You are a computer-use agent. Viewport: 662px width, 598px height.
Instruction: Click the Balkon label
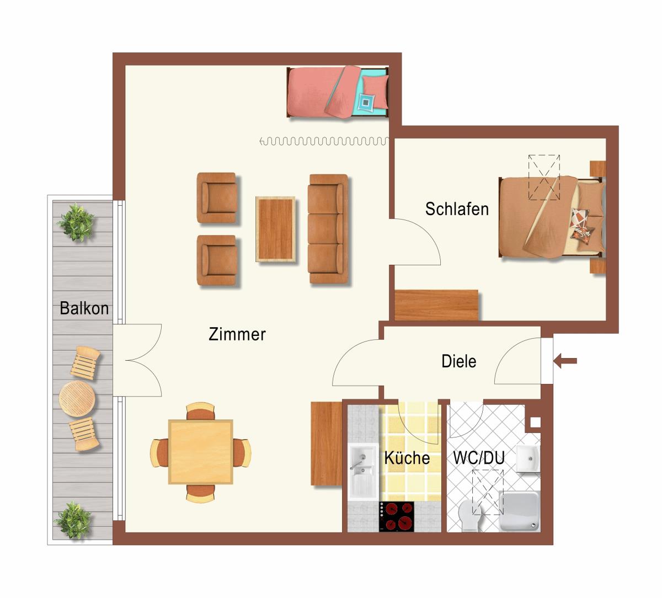coord(84,308)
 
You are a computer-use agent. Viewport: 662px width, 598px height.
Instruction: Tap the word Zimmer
coord(237,334)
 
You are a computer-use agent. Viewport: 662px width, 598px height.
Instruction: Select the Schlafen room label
coord(457,209)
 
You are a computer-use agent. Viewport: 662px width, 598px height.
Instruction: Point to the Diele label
coord(459,361)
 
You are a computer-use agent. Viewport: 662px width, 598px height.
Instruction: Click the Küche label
coord(407,458)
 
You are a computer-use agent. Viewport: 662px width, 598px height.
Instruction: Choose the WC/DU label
coord(479,457)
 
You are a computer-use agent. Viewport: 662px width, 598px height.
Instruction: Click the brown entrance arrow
coord(565,361)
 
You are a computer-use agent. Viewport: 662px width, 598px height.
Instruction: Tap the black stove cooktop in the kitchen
coord(396,516)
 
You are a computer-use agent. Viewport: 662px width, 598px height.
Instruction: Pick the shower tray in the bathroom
coord(520,511)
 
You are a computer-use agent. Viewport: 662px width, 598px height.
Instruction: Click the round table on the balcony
coord(77,398)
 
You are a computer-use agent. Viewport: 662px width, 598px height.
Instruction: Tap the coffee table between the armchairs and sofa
coord(276,229)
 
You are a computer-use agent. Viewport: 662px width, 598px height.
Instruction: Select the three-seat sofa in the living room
coord(328,229)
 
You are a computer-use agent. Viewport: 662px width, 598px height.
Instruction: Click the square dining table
coord(201,452)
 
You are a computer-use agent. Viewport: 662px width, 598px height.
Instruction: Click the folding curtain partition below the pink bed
coord(324,141)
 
